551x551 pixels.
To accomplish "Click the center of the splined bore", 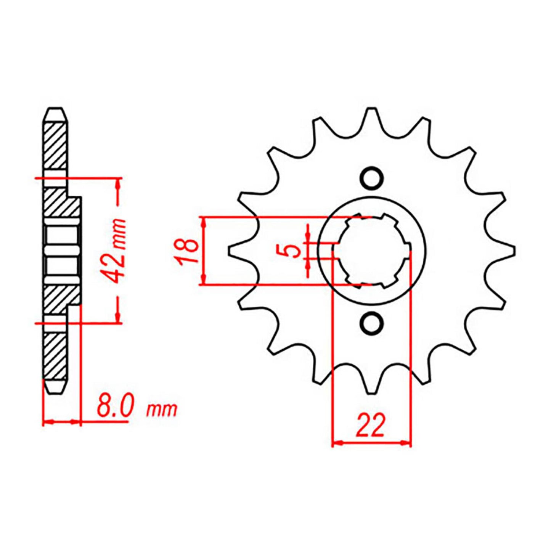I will coord(372,251).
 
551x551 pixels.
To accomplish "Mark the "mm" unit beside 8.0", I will coord(162,410).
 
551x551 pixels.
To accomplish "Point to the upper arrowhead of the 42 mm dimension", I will coord(118,185).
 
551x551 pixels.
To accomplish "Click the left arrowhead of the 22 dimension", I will coord(337,443).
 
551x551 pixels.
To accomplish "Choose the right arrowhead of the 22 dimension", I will coord(406,443).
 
